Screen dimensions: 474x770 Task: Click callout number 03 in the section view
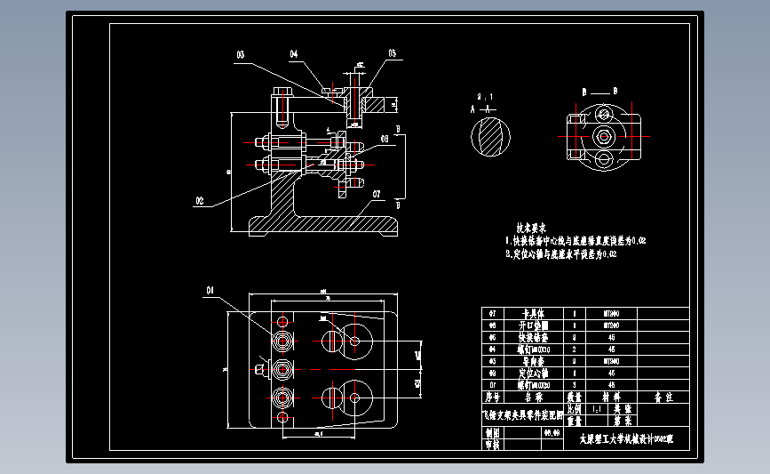click(x=240, y=55)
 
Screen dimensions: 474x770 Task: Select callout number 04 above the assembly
click(x=294, y=54)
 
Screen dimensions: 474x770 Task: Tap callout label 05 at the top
click(x=392, y=54)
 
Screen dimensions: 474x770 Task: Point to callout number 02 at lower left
click(x=199, y=201)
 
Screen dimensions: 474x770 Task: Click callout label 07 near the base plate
click(x=377, y=193)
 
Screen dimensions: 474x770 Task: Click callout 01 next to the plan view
click(x=211, y=290)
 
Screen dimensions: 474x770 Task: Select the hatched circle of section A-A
click(x=490, y=136)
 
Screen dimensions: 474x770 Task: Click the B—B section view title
click(x=600, y=92)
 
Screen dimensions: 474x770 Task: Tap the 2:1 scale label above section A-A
click(x=485, y=96)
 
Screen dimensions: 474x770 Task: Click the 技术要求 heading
click(x=530, y=229)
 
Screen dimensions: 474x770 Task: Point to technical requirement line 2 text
click(x=560, y=254)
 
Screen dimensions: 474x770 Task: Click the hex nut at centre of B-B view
click(x=605, y=136)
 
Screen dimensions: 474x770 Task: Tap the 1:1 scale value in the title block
click(x=598, y=408)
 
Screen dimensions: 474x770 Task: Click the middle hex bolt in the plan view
click(x=283, y=367)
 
